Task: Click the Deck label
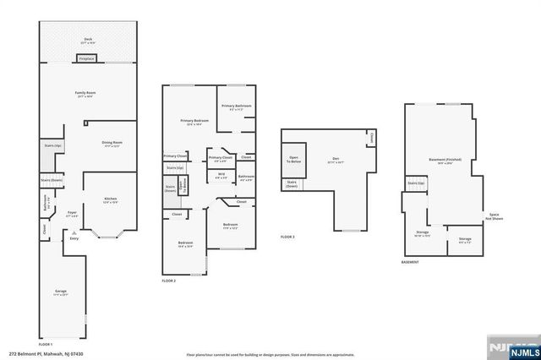(x=87, y=39)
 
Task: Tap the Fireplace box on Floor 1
(x=86, y=59)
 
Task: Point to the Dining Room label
(x=112, y=143)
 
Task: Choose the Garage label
(x=61, y=292)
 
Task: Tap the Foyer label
(x=72, y=213)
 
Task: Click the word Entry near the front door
(x=74, y=239)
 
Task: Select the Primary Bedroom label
(x=194, y=122)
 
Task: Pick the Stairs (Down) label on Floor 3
(x=292, y=183)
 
